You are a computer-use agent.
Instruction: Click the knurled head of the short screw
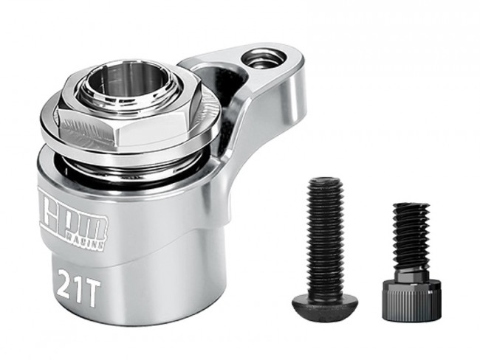(x=411, y=301)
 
